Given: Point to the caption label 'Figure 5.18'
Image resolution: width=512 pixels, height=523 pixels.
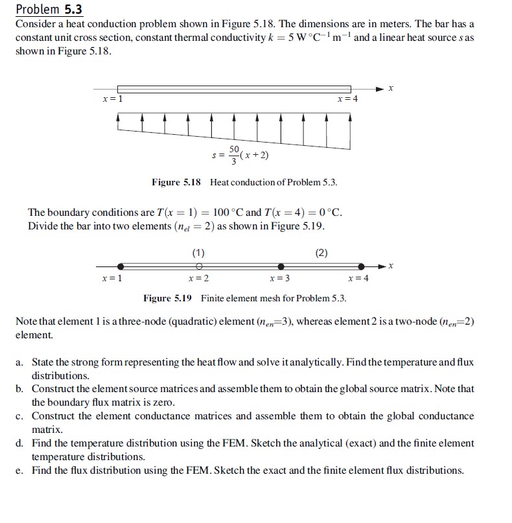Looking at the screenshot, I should click(x=176, y=182).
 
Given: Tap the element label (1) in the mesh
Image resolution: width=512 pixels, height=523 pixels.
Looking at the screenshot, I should click(x=199, y=252).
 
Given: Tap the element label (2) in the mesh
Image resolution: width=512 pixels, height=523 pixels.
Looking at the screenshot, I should click(x=321, y=252).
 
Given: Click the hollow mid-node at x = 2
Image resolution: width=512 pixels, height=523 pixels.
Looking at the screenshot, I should click(x=200, y=266).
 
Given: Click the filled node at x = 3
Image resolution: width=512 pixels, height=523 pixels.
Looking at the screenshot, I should click(x=281, y=266).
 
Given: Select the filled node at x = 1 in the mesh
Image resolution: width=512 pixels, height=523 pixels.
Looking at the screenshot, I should click(x=121, y=266).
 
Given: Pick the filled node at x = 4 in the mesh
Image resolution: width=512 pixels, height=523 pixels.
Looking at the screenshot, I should click(x=362, y=266).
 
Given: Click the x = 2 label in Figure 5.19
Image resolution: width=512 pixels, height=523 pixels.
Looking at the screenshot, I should click(x=198, y=279).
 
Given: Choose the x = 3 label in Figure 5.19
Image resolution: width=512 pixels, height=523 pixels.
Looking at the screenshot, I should click(x=279, y=279).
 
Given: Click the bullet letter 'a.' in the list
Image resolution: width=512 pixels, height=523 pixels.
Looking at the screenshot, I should click(x=21, y=362).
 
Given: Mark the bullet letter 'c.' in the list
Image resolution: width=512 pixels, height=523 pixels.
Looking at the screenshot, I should click(x=21, y=416).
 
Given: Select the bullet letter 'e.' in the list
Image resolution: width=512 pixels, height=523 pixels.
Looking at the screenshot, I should click(x=21, y=471).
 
